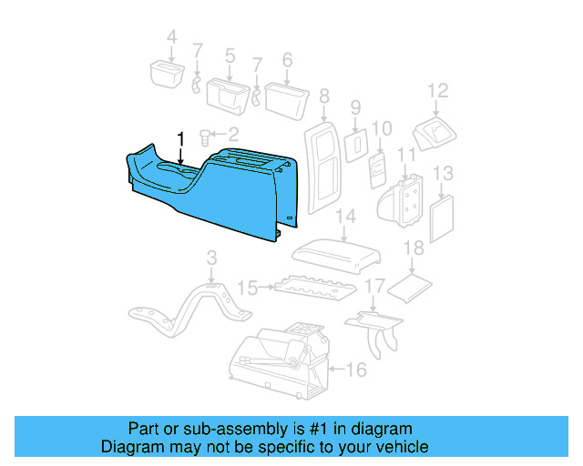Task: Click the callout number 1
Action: pyautogui.click(x=180, y=139)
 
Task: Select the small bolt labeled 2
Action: pyautogui.click(x=204, y=137)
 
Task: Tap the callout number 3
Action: pyautogui.click(x=211, y=258)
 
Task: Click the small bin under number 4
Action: pyautogui.click(x=167, y=75)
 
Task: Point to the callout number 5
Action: pyautogui.click(x=230, y=56)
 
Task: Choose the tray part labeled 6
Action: pyautogui.click(x=287, y=101)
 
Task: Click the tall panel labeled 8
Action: pyautogui.click(x=322, y=168)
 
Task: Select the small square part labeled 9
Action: pyautogui.click(x=355, y=146)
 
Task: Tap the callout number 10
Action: pyautogui.click(x=382, y=128)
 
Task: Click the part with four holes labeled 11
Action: pyautogui.click(x=401, y=201)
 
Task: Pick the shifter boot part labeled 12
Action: pyautogui.click(x=434, y=134)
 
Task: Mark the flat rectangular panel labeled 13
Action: pyautogui.click(x=442, y=218)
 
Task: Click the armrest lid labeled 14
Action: pyautogui.click(x=336, y=256)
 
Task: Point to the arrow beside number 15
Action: pyautogui.click(x=266, y=287)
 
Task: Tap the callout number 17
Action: pyautogui.click(x=374, y=286)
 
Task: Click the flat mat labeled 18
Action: pyautogui.click(x=409, y=288)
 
